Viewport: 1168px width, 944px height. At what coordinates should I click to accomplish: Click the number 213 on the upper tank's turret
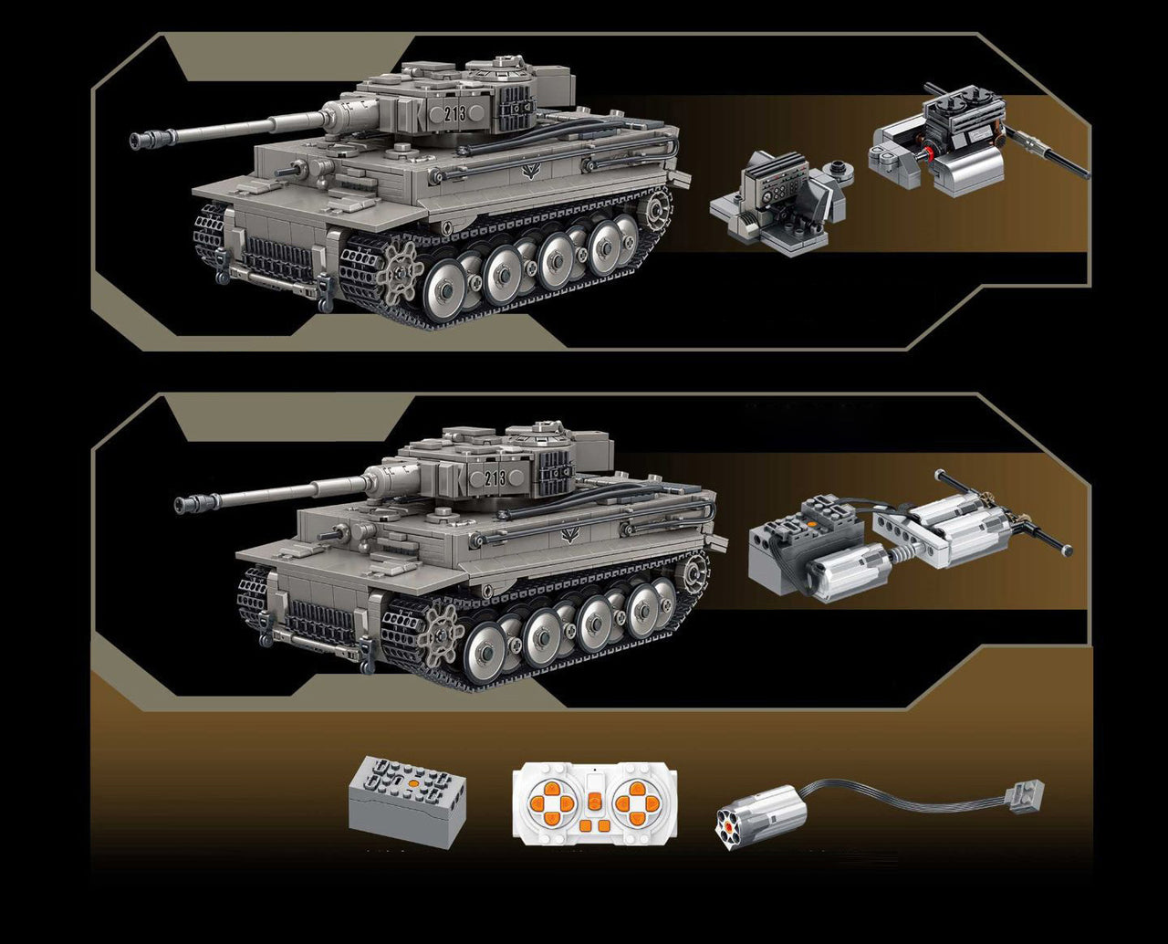click(455, 113)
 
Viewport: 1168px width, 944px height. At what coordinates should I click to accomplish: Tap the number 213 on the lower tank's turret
click(495, 479)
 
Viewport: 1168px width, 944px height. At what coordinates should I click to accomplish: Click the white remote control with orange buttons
click(595, 803)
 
